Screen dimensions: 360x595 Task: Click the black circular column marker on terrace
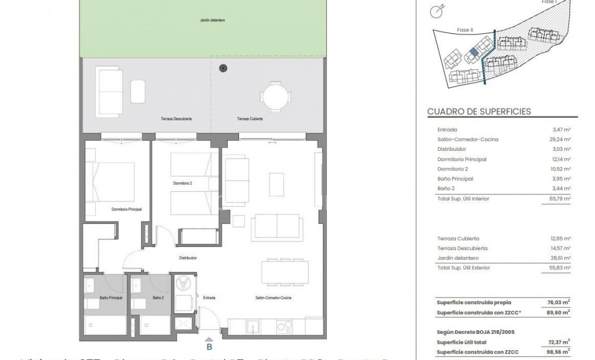tap(223, 68)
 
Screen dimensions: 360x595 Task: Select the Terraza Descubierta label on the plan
tap(176, 119)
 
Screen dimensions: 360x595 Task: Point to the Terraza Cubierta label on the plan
tap(250, 119)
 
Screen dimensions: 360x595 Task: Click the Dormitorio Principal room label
tap(125, 209)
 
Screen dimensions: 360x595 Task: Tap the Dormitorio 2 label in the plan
tap(182, 183)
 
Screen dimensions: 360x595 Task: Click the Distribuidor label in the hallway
tap(188, 258)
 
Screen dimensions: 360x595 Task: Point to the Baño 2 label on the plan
tap(158, 298)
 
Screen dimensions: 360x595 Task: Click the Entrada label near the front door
tap(209, 298)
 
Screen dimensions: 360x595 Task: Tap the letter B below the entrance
tap(209, 347)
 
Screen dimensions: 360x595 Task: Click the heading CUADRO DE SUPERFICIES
tap(478, 111)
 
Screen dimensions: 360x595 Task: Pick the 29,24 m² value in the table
tap(561, 140)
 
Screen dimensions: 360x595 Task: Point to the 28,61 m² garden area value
tap(561, 258)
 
